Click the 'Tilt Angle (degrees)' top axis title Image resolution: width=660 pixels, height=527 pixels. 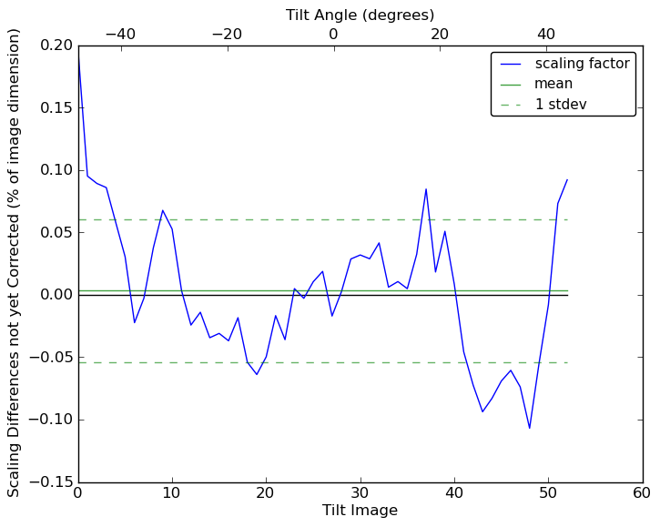(360, 15)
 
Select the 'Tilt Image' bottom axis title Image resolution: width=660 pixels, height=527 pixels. (360, 511)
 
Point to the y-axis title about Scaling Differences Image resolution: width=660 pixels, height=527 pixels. (15, 263)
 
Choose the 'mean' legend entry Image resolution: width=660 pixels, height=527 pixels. (553, 84)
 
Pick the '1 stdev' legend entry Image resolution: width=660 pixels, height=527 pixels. (560, 105)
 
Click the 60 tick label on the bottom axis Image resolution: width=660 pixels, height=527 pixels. (642, 492)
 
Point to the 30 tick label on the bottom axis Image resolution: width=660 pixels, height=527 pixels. (360, 492)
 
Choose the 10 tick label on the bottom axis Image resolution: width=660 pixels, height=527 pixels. (172, 492)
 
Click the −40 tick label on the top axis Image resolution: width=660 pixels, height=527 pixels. (119, 34)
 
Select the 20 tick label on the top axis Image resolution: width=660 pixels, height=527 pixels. (440, 34)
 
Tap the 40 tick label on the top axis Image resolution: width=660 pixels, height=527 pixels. (546, 34)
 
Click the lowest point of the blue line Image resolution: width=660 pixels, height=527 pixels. (529, 428)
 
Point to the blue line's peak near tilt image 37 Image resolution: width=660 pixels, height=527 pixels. (426, 189)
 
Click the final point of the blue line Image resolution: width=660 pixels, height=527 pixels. (567, 179)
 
